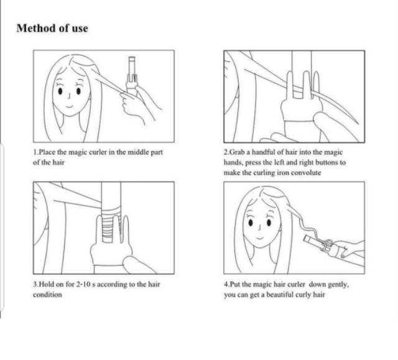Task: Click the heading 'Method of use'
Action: (x=52, y=28)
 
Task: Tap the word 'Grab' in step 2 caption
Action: (x=236, y=152)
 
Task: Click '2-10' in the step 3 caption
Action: (x=83, y=284)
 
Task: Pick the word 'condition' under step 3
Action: (x=47, y=295)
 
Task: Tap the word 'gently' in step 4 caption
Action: (x=338, y=285)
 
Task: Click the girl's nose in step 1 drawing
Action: (x=68, y=96)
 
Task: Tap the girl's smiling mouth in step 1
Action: (x=69, y=106)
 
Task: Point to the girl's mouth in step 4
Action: (x=259, y=238)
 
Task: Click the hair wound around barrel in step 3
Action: (x=111, y=224)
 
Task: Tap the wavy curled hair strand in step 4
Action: (x=298, y=223)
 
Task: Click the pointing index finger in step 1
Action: (x=126, y=95)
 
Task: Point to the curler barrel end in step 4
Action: (x=306, y=239)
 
